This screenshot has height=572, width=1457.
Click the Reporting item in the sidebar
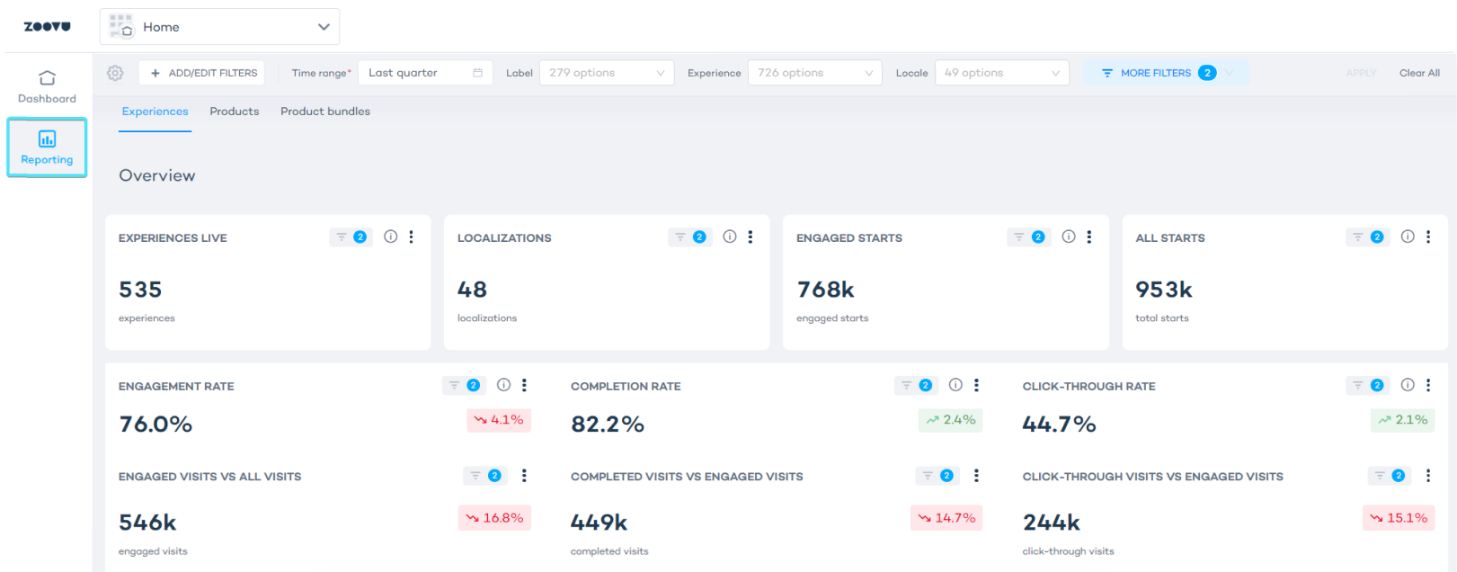pyautogui.click(x=47, y=148)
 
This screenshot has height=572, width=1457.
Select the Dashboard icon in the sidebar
pyautogui.click(x=47, y=78)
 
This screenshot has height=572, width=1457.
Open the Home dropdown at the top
pyautogui.click(x=219, y=27)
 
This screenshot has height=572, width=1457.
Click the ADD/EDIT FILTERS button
pyautogui.click(x=202, y=73)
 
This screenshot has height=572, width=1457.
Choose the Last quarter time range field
pyautogui.click(x=424, y=73)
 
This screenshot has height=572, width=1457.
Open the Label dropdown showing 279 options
pyautogui.click(x=606, y=73)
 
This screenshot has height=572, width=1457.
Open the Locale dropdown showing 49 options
pyautogui.click(x=1001, y=73)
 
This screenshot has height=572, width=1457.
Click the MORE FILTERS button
pyautogui.click(x=1155, y=73)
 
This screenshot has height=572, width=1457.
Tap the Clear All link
pyautogui.click(x=1418, y=73)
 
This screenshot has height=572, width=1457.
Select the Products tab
pyautogui.click(x=235, y=112)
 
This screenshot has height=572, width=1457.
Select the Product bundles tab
pyautogui.click(x=325, y=112)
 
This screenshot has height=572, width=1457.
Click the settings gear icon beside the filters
pyautogui.click(x=115, y=73)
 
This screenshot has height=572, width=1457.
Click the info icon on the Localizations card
pyautogui.click(x=730, y=237)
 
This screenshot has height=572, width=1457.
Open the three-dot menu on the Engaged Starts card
pyautogui.click(x=1088, y=237)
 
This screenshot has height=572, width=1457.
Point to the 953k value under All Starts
pyautogui.click(x=1163, y=290)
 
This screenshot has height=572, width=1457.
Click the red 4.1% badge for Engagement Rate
pyautogui.click(x=499, y=420)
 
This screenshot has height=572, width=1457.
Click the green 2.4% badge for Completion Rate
pyautogui.click(x=950, y=420)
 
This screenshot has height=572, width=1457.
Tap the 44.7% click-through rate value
pyautogui.click(x=1059, y=425)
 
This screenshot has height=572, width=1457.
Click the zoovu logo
pyautogui.click(x=47, y=27)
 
